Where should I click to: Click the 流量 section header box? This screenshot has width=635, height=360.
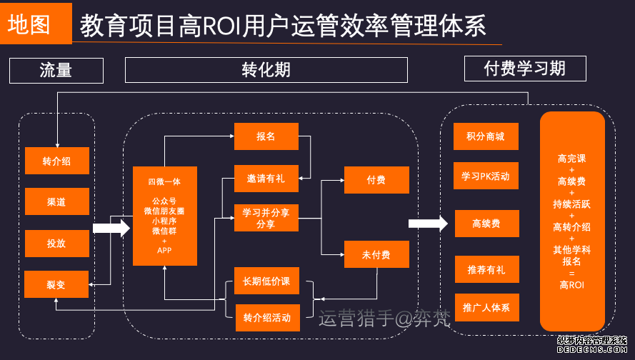pyautogui.click(x=56, y=70)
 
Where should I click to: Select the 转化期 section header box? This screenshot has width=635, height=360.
pyautogui.click(x=266, y=70)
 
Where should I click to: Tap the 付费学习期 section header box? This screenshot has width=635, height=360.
pyautogui.click(x=525, y=69)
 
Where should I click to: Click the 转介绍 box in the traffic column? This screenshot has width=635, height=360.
pyautogui.click(x=57, y=161)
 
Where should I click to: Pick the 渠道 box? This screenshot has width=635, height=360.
pyautogui.click(x=57, y=202)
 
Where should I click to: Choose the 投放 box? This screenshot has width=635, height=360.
pyautogui.click(x=57, y=243)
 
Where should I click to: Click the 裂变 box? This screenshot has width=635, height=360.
pyautogui.click(x=57, y=284)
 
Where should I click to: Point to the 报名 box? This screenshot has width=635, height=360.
pyautogui.click(x=266, y=136)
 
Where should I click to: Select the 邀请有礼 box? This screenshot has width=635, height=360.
pyautogui.click(x=266, y=179)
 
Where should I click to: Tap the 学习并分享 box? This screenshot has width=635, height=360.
pyautogui.click(x=266, y=219)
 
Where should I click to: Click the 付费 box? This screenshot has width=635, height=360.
pyautogui.click(x=376, y=180)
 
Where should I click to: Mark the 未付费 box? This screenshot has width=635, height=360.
pyautogui.click(x=376, y=254)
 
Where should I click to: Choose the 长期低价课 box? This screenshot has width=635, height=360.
pyautogui.click(x=266, y=281)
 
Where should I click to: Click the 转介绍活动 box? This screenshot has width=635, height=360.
pyautogui.click(x=266, y=318)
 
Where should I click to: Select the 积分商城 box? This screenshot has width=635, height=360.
pyautogui.click(x=486, y=136)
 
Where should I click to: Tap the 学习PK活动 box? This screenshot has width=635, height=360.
pyautogui.click(x=486, y=176)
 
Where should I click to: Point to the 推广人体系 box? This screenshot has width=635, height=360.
pyautogui.click(x=486, y=308)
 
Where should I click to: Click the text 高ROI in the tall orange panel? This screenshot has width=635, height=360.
pyautogui.click(x=572, y=285)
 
